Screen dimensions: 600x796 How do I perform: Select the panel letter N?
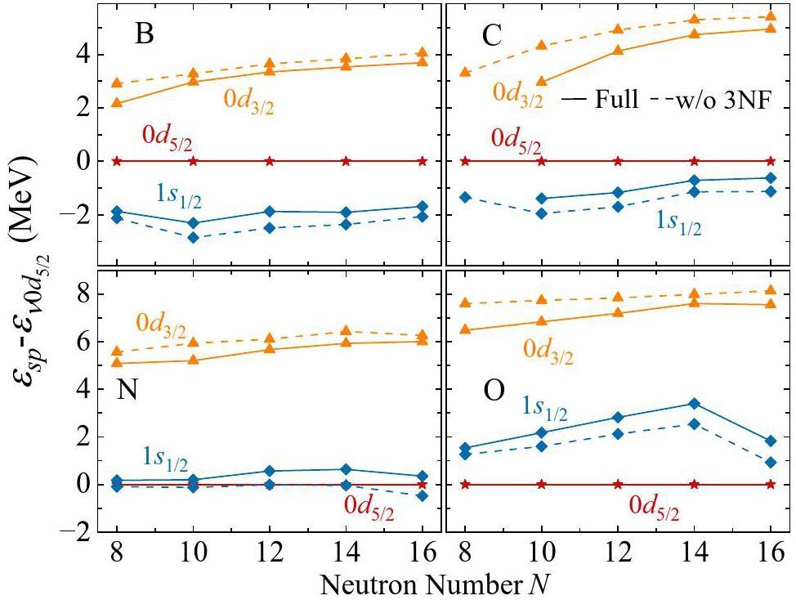coord(127,391)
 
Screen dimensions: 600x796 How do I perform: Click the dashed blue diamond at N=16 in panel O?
coord(771,463)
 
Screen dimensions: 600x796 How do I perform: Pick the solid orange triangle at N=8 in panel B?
coord(117,103)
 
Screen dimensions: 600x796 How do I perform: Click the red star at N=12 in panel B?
coord(270,161)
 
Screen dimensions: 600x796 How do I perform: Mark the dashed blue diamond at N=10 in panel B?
coord(193,238)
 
